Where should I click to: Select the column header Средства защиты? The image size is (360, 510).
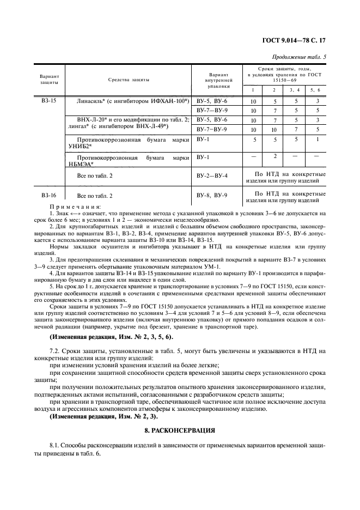pyautogui.click(x=129, y=80)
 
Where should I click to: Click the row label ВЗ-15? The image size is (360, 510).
pyautogui.click(x=48, y=101)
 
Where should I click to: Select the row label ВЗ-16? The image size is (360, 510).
pyautogui.click(x=48, y=195)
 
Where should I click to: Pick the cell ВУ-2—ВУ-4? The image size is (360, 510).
pyautogui.click(x=212, y=176)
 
